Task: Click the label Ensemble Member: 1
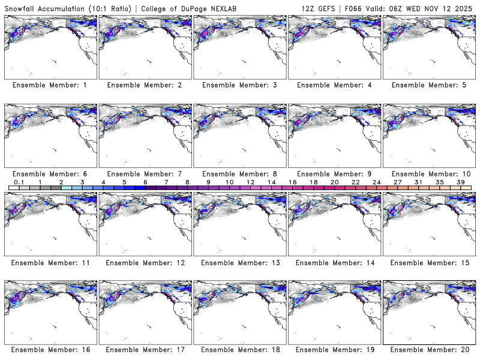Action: pyautogui.click(x=49, y=85)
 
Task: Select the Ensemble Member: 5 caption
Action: pyautogui.click(x=428, y=85)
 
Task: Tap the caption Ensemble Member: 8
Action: pyautogui.click(x=239, y=174)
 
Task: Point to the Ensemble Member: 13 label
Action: pyautogui.click(x=239, y=262)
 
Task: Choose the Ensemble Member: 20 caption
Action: pyautogui.click(x=428, y=350)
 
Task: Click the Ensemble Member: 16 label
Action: pyautogui.click(x=49, y=350)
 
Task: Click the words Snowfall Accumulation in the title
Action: pyautogui.click(x=45, y=7)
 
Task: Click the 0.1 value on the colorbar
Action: pyautogui.click(x=19, y=182)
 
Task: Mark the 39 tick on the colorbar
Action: pyautogui.click(x=460, y=182)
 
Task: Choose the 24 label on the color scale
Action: pyautogui.click(x=376, y=182)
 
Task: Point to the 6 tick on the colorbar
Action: pyautogui.click(x=145, y=182)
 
